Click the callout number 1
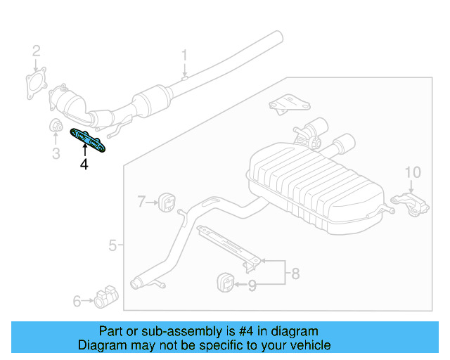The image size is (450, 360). (185, 55)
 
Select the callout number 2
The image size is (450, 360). (37, 50)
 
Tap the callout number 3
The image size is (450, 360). (56, 153)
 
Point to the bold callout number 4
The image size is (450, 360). (84, 165)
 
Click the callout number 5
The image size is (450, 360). (112, 245)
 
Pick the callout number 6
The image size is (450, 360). (77, 302)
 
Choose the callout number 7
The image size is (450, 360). (141, 202)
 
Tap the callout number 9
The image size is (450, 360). (252, 285)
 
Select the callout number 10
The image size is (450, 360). (413, 172)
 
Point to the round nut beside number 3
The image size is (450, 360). (54, 127)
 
